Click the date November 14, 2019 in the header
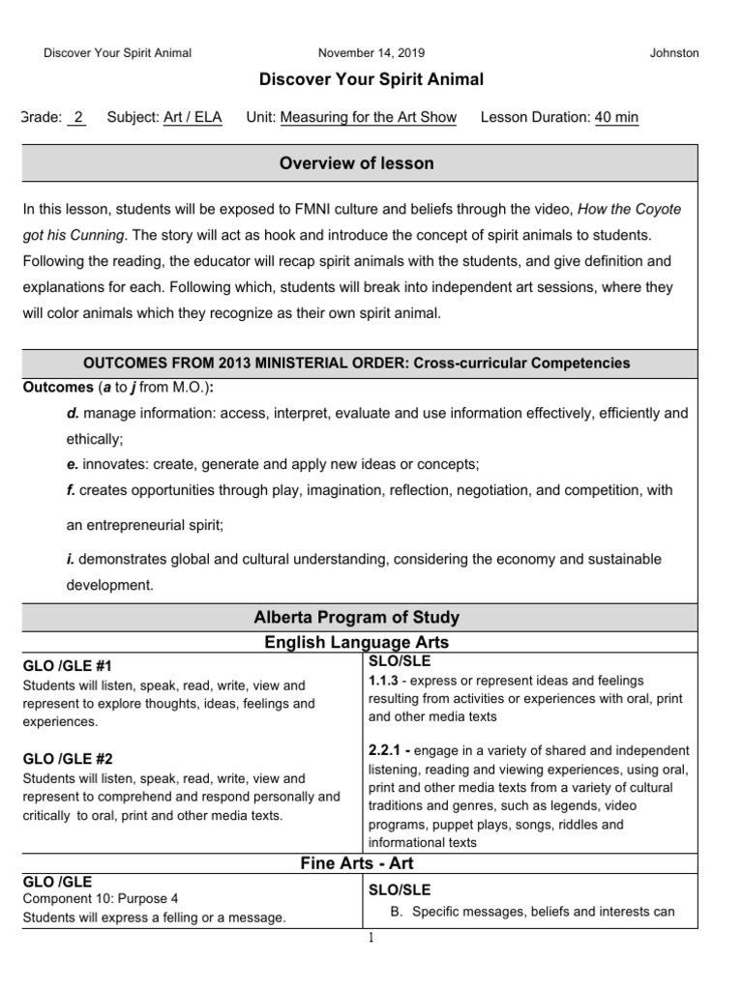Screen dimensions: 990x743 pos(371,53)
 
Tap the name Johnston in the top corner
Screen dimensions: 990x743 pos(674,53)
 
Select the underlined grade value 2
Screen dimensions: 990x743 pos(78,118)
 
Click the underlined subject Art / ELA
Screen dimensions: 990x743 pos(193,118)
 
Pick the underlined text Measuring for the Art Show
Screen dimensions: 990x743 pos(368,118)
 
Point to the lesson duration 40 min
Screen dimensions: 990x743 pos(616,118)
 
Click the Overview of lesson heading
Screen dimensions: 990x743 pos(357,163)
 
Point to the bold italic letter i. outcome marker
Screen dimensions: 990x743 pos(70,560)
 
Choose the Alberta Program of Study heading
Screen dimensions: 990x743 pos(357,617)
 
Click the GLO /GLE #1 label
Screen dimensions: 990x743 pos(67,666)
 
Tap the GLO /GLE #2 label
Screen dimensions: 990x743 pos(67,759)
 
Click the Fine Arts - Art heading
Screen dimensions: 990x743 pos(357,864)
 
